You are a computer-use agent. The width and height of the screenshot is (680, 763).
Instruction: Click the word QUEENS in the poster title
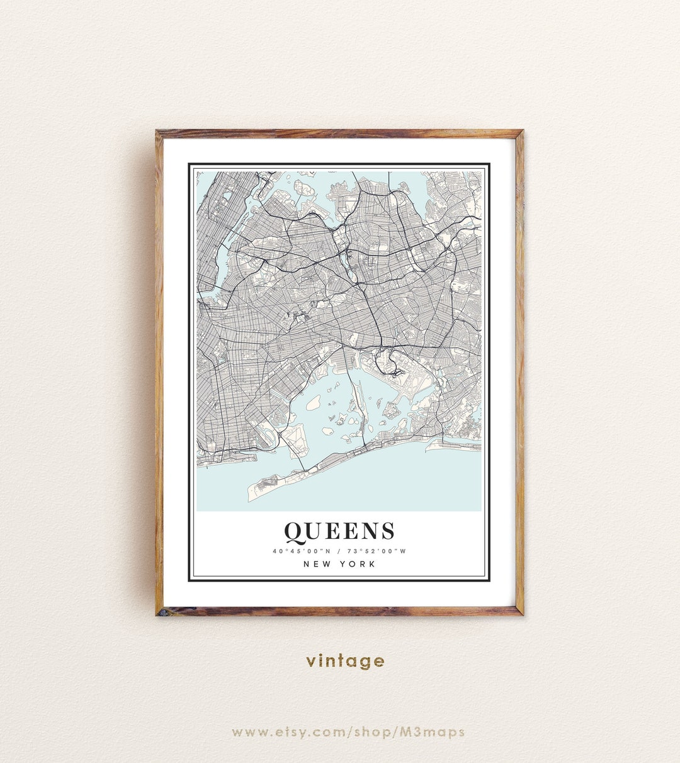pos(339,532)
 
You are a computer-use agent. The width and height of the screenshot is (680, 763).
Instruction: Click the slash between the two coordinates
pos(339,551)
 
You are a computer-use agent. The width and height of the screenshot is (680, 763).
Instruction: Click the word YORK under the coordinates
pos(358,564)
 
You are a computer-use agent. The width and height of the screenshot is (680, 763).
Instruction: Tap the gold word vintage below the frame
pos(345,661)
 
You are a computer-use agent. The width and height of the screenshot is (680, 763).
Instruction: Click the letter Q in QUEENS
pos(295,532)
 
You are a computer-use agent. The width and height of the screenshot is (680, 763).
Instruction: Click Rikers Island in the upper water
pos(305,188)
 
